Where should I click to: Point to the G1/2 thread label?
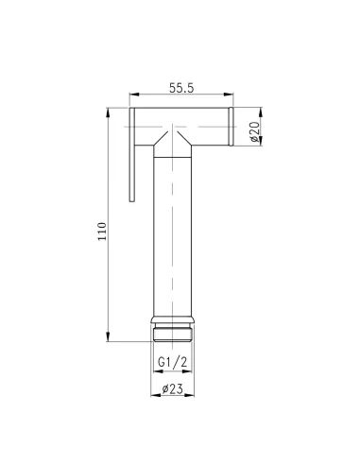pos(173,361)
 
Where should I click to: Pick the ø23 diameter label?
pos(173,387)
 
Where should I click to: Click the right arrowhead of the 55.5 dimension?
pos(230,94)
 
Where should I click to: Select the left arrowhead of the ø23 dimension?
pos(154,395)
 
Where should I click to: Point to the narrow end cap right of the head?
pos(231,128)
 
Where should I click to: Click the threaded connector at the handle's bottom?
pos(173,333)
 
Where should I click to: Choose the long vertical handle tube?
pos(173,227)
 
